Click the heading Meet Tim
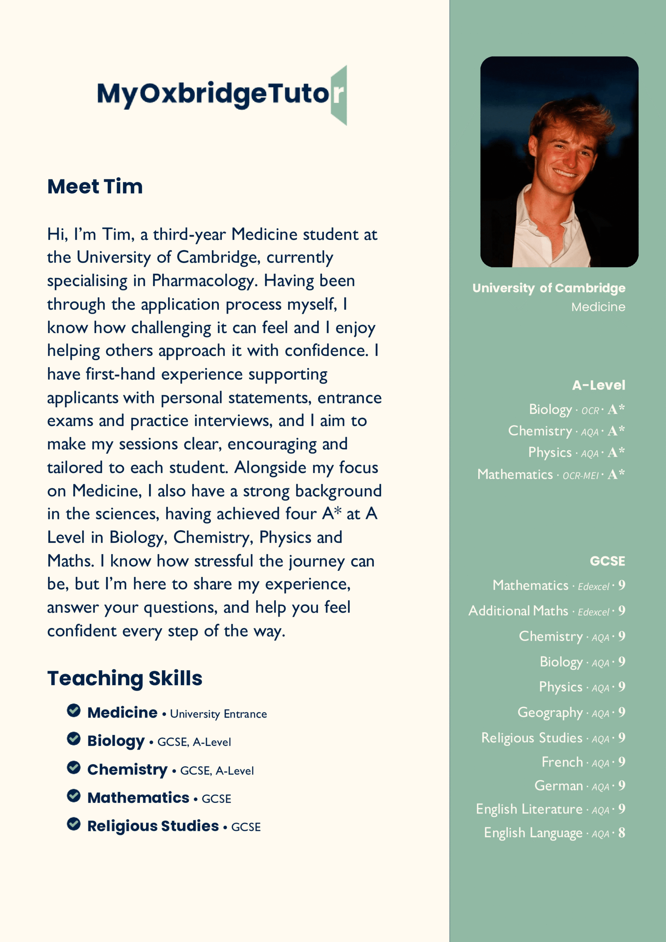click(95, 186)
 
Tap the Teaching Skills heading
click(124, 678)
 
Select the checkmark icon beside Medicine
click(74, 711)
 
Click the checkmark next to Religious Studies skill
click(74, 824)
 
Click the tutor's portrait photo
click(559, 162)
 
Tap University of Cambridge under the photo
click(549, 288)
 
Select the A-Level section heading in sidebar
click(598, 385)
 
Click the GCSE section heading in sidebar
click(607, 561)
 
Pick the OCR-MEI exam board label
click(580, 475)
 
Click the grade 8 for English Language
click(621, 833)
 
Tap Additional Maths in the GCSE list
click(518, 611)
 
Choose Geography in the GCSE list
click(549, 713)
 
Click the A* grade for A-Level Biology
click(616, 410)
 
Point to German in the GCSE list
click(558, 786)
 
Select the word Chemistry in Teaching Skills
click(127, 770)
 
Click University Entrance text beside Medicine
click(218, 714)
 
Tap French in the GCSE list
click(562, 762)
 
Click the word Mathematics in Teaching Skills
click(138, 798)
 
